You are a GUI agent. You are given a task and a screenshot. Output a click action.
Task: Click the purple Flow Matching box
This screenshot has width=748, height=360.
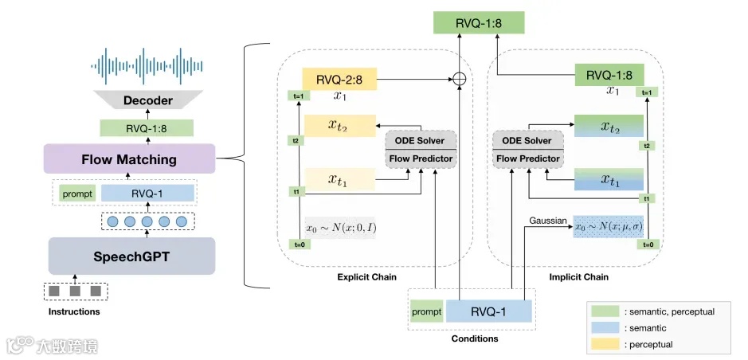click(x=129, y=159)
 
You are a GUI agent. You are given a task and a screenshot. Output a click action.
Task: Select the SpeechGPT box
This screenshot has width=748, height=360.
click(x=131, y=256)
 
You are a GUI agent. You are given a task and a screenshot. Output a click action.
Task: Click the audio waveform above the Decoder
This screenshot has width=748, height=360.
click(x=147, y=62)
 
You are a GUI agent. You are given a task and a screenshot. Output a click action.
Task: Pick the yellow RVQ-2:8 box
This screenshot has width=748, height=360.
click(x=339, y=79)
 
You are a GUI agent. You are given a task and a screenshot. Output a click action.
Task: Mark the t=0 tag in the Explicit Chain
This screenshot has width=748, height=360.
click(x=296, y=245)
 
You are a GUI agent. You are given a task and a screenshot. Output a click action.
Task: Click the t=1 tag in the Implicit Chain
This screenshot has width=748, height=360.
click(x=648, y=92)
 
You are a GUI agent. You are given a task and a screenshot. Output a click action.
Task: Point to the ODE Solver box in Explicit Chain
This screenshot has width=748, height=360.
click(x=420, y=140)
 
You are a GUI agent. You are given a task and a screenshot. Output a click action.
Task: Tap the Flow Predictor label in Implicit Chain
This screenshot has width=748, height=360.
click(x=528, y=158)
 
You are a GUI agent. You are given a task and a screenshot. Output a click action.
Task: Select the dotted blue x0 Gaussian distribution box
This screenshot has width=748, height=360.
click(x=609, y=226)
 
